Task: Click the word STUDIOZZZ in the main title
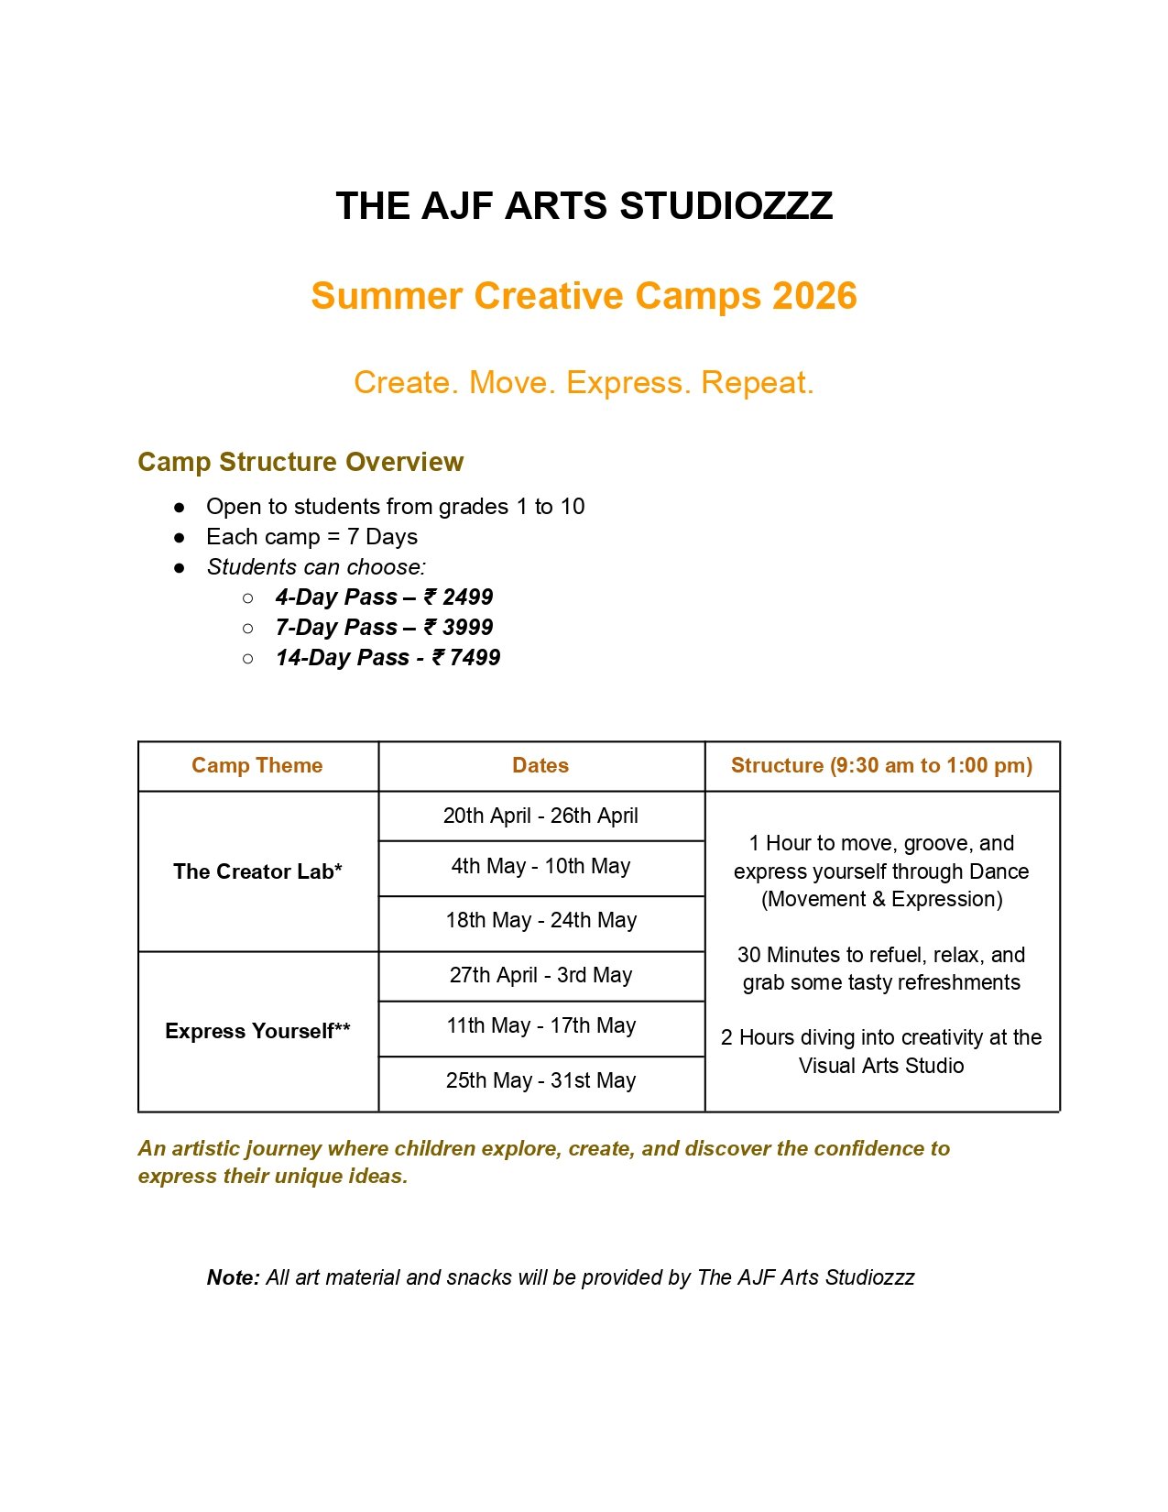click(726, 206)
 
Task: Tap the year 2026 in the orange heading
click(814, 296)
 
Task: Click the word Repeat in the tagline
click(756, 382)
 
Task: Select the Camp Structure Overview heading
click(300, 462)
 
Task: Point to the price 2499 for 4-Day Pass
click(467, 597)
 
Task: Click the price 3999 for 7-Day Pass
click(467, 628)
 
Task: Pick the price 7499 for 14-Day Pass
click(475, 658)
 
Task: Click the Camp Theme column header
click(257, 766)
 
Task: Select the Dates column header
click(540, 766)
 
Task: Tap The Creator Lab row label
click(257, 871)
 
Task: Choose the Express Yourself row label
click(257, 1031)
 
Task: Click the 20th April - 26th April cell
click(540, 816)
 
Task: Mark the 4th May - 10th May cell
click(540, 866)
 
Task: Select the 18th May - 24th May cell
click(540, 920)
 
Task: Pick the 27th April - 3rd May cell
click(540, 975)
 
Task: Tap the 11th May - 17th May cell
click(540, 1025)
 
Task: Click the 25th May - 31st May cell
click(540, 1080)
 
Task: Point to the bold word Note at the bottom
click(233, 1277)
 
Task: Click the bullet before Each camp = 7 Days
click(180, 537)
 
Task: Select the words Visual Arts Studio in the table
click(881, 1066)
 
